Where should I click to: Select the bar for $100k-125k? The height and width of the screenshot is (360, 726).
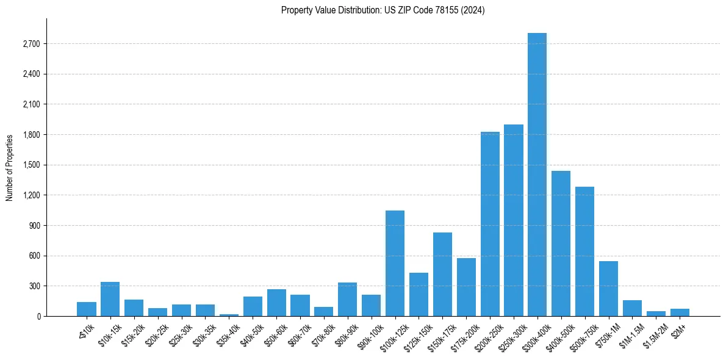click(x=395, y=263)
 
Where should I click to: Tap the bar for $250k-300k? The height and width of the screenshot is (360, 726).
click(x=513, y=220)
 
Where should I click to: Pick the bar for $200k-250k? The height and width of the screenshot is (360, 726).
click(x=490, y=224)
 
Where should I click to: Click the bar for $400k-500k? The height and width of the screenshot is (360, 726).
click(x=561, y=243)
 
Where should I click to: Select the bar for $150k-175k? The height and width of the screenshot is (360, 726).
click(x=442, y=274)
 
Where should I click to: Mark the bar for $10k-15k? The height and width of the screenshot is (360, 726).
click(x=110, y=299)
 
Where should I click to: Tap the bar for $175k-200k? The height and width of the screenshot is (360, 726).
click(x=466, y=287)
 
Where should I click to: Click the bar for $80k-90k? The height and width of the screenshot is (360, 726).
click(x=347, y=299)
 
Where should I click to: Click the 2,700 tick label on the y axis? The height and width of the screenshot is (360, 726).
click(x=30, y=44)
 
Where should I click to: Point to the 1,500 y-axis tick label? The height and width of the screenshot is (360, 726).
click(x=30, y=165)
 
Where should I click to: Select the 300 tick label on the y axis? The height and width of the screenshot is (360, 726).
click(x=34, y=286)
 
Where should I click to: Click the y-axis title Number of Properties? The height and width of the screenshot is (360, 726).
click(x=10, y=167)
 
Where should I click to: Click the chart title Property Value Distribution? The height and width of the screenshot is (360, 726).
click(x=383, y=10)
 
